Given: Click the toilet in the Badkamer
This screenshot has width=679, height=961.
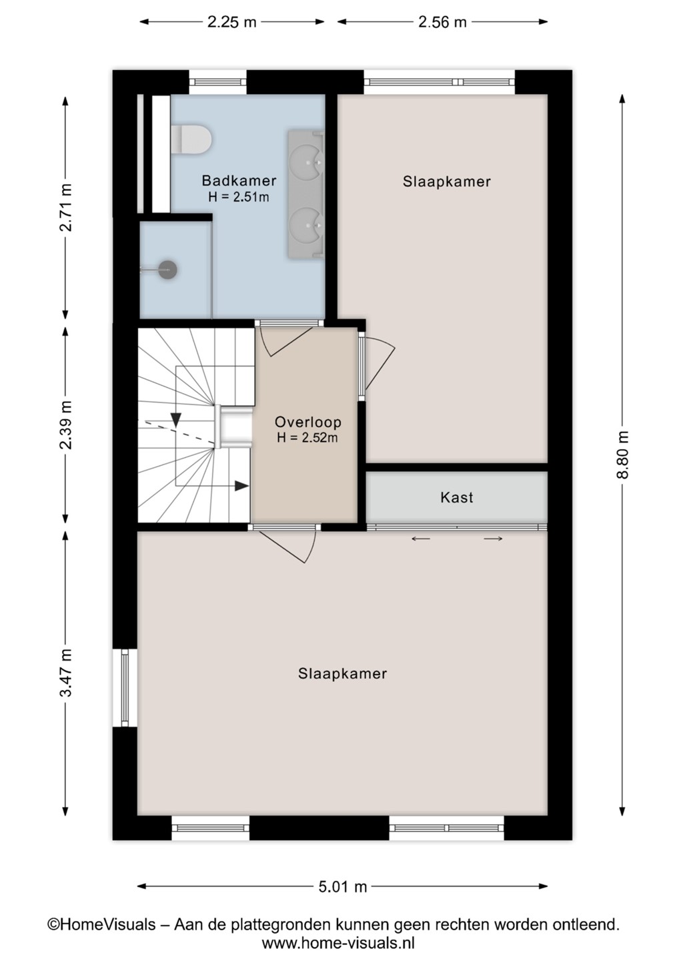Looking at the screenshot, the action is [x=191, y=139].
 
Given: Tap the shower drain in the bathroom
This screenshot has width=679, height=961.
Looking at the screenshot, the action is [x=168, y=270].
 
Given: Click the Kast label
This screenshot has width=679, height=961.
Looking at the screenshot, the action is [x=456, y=497].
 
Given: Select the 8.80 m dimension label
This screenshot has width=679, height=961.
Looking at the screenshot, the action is [x=622, y=454].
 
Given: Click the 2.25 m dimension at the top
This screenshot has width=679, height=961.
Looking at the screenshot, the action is [x=231, y=22].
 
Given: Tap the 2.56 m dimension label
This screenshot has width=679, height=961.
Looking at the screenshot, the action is [x=442, y=22].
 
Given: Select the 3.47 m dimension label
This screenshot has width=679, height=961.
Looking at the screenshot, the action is [x=65, y=673].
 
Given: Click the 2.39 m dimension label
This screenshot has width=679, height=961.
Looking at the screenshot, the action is [x=65, y=424].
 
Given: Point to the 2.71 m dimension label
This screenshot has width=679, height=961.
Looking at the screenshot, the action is [x=65, y=207].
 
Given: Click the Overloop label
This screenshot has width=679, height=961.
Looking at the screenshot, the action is [x=307, y=422].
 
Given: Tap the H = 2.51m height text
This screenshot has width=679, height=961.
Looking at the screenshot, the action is [x=239, y=197].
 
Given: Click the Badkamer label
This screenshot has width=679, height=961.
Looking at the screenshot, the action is [x=239, y=181].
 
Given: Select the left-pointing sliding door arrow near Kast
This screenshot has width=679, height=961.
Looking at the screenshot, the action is [x=420, y=539].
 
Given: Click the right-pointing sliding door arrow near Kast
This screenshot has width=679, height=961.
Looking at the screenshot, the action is [x=493, y=539].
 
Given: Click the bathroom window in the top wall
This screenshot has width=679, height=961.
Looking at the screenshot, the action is [x=217, y=82].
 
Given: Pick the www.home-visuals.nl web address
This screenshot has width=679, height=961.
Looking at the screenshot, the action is [x=338, y=943].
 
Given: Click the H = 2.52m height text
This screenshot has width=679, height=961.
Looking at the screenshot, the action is [x=307, y=438].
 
